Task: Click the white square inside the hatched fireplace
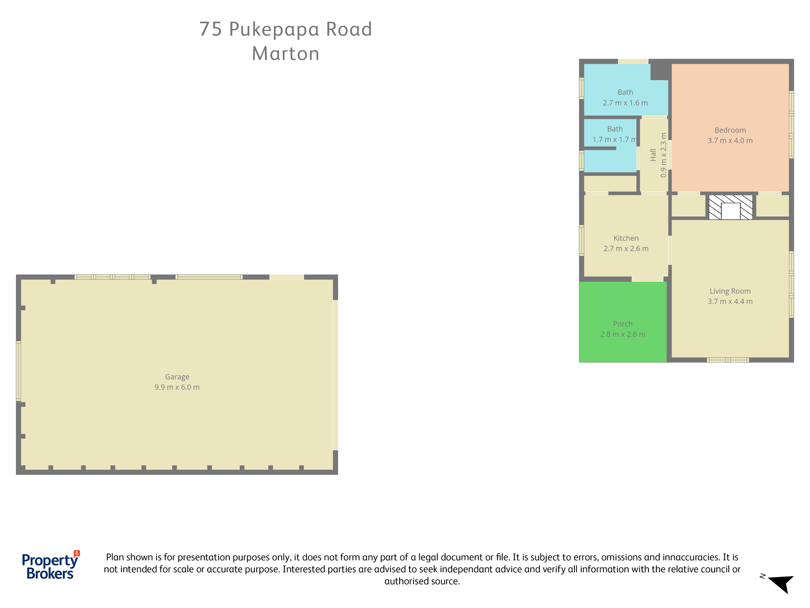[x=731, y=211]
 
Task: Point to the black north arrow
[x=782, y=584]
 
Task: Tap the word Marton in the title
[x=286, y=54]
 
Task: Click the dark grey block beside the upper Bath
[x=660, y=70]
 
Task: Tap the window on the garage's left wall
[x=18, y=371]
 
